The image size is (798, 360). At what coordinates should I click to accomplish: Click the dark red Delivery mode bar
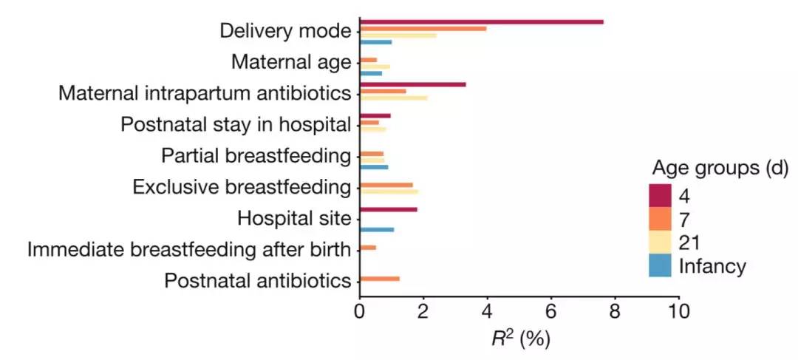481,21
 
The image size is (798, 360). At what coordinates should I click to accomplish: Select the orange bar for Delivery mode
423,28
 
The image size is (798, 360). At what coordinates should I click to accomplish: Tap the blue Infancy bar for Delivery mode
375,42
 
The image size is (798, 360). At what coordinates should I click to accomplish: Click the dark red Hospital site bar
388,209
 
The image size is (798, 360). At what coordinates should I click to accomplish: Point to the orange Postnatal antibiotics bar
379,279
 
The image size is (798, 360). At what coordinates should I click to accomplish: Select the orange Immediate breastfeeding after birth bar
367,247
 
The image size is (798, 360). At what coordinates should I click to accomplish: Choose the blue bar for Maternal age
370,73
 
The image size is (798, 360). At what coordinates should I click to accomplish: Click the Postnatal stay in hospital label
235,125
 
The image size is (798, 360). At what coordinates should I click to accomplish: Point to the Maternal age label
290,62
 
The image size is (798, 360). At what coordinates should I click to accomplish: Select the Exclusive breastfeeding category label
241,187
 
